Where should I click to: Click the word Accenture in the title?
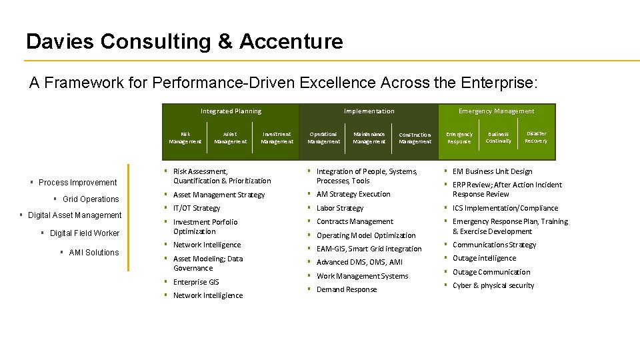pos(291,42)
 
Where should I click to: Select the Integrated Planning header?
pos(231,111)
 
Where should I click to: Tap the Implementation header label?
pos(369,111)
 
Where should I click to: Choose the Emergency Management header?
pos(496,111)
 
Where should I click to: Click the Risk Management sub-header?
pos(185,138)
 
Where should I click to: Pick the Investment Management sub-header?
pos(277,138)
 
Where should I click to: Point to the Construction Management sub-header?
pos(415,138)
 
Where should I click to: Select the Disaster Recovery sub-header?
pos(536,137)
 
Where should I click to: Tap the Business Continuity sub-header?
pos(499,137)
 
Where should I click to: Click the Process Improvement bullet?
pos(77,183)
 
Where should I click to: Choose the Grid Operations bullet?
pos(91,199)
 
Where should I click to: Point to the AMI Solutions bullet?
pos(94,253)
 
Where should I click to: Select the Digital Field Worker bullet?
pos(85,233)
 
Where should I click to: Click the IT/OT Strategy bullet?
pos(196,208)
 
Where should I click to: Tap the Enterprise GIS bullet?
pos(196,282)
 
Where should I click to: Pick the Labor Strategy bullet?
pos(340,208)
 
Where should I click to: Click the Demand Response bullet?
pos(347,289)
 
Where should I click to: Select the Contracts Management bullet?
pos(355,221)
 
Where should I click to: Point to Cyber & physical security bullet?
pos(493,285)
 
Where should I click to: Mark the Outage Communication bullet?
pos(491,272)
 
